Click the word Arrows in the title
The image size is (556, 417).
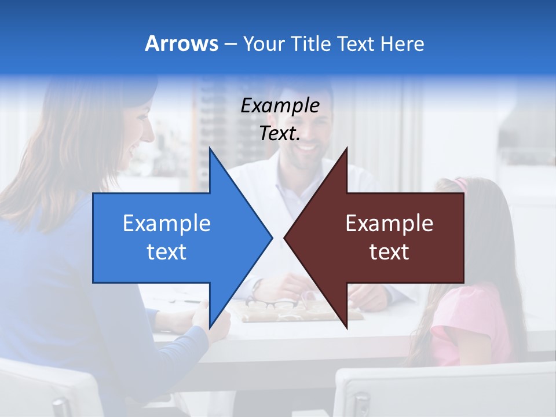click(182, 43)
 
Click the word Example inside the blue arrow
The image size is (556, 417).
click(167, 224)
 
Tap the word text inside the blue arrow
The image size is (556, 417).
click(167, 252)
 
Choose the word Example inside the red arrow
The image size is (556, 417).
click(389, 224)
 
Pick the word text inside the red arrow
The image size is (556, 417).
click(389, 252)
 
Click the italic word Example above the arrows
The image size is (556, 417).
click(280, 105)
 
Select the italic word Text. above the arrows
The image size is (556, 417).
click(280, 133)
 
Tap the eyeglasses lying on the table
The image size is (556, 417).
click(272, 303)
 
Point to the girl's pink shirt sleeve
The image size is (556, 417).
click(458, 324)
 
